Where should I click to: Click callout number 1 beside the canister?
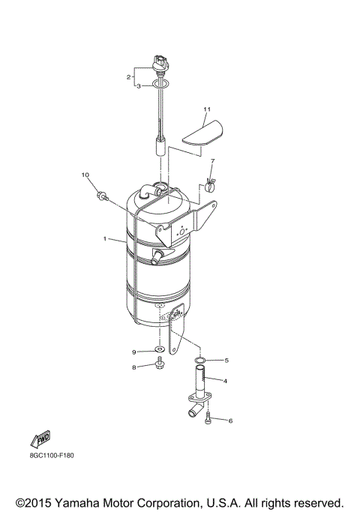(106, 239)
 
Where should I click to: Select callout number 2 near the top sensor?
(129, 76)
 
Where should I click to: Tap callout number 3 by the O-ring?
(137, 86)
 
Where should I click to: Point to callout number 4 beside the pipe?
(226, 381)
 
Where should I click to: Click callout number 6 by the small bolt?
(230, 421)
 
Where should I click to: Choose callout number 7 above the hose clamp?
(212, 161)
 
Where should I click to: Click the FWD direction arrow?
(40, 440)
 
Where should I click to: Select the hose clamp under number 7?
(211, 180)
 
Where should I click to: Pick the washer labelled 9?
(160, 350)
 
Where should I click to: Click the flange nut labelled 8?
(160, 365)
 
